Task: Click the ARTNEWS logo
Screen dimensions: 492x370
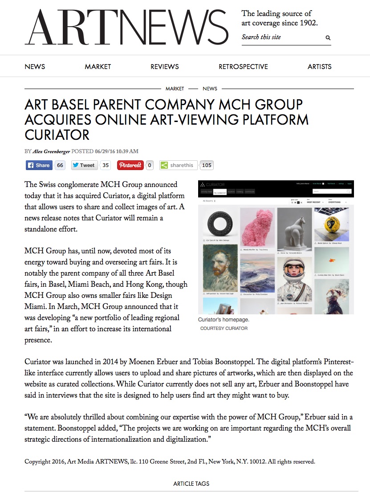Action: [126, 27]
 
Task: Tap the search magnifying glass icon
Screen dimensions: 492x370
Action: [328, 38]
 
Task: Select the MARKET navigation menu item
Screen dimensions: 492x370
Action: [98, 67]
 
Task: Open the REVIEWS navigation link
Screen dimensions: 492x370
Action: [164, 67]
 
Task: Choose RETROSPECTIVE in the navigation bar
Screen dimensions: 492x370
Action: [243, 67]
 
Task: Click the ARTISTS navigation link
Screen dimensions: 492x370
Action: [319, 67]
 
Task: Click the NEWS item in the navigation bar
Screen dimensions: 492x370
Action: [35, 67]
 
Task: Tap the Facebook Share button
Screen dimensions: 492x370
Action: [38, 165]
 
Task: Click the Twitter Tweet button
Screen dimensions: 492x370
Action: [84, 165]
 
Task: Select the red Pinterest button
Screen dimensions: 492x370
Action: [130, 165]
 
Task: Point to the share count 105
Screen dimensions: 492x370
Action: [207, 165]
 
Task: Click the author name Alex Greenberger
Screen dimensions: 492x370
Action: [51, 151]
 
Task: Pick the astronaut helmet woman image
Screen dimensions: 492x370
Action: [294, 276]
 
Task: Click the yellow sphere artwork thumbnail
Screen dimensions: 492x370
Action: [332, 223]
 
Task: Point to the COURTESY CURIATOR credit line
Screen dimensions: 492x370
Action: [224, 328]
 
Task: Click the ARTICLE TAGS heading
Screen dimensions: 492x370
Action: [191, 484]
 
